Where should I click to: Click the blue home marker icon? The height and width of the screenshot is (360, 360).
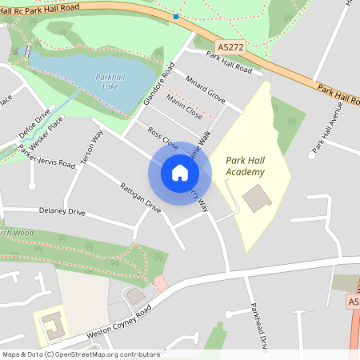180,173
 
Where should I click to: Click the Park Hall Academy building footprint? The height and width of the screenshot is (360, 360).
257,198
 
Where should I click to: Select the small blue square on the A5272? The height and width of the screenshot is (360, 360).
176,16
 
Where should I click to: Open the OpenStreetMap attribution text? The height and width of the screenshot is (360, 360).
81,354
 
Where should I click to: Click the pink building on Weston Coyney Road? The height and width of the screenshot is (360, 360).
160,282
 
